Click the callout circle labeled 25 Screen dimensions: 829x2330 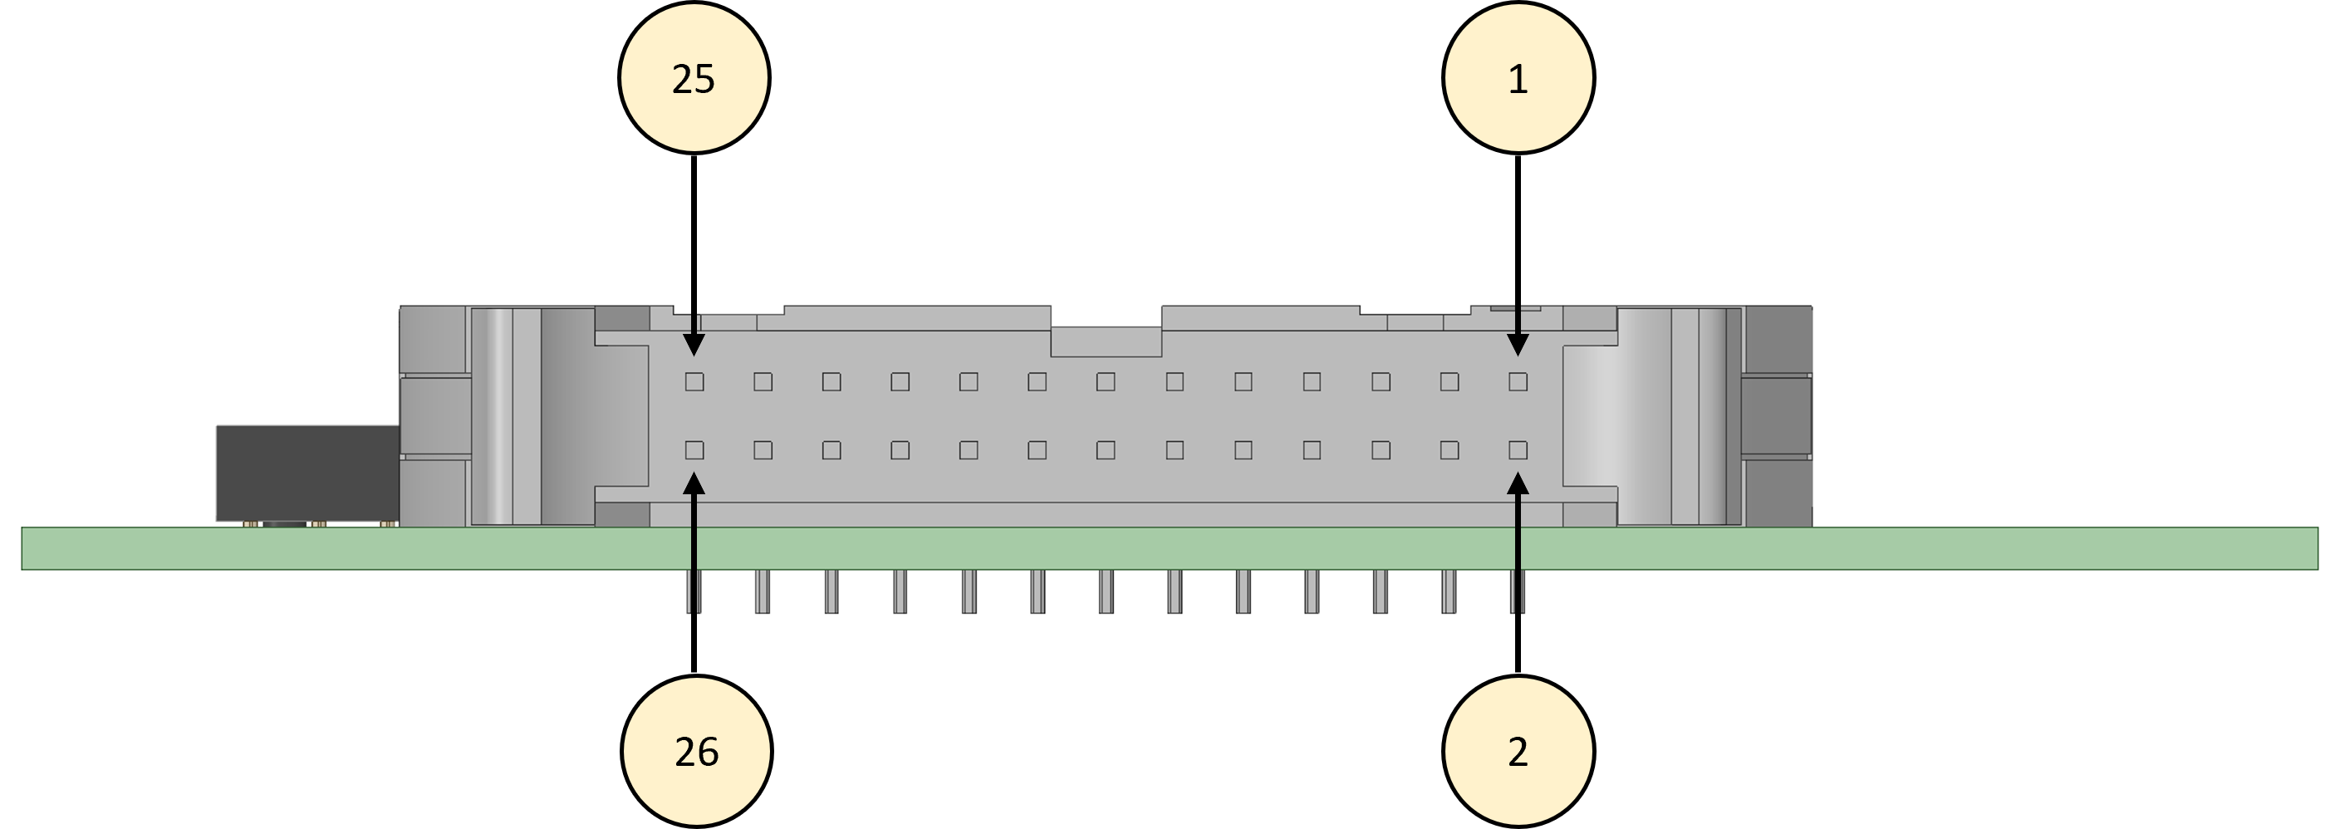694,78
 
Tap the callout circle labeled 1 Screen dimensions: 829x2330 1518,78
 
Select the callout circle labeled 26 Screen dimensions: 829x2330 696,751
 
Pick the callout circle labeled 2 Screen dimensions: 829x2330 1518,751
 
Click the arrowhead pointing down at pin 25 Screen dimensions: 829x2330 694,344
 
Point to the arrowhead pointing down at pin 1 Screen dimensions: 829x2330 1518,344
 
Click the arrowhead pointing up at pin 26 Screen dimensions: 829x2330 694,484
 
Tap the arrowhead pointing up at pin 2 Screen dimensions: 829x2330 1518,484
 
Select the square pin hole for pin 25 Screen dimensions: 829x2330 694,381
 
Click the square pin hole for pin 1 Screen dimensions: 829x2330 1518,381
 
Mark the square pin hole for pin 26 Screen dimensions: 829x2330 694,449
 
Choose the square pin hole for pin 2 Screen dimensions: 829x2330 1518,449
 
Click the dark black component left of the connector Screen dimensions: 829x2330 307,473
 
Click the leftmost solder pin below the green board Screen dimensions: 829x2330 694,591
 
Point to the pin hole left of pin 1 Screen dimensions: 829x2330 1449,381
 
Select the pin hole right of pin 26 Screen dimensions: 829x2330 763,449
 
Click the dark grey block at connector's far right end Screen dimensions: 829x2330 1777,416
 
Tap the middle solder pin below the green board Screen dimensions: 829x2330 1106,591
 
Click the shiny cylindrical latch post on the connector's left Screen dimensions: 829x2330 492,416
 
